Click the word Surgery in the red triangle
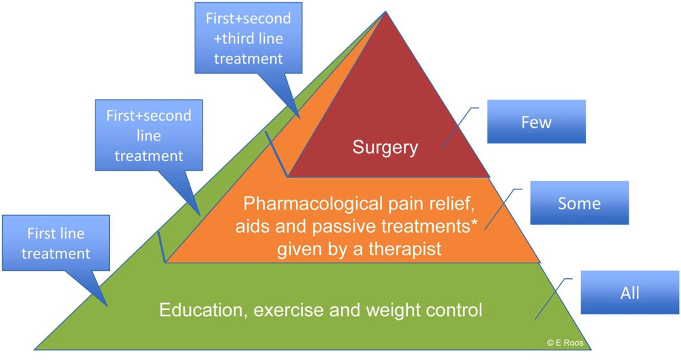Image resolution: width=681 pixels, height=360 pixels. [x=385, y=148]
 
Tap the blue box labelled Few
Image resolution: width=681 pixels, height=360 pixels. [x=536, y=122]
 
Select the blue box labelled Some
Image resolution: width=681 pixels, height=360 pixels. [x=579, y=203]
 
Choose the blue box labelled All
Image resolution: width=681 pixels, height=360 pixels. [x=630, y=292]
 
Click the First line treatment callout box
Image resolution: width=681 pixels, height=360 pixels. [x=56, y=243]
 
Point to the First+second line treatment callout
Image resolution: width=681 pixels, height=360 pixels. [x=149, y=135]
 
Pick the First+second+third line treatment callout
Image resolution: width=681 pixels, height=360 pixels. [x=249, y=38]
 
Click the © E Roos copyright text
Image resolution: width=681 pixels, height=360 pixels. [x=565, y=343]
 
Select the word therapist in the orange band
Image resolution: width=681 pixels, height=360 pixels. [x=405, y=249]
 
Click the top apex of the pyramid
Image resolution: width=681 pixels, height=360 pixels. [x=386, y=11]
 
